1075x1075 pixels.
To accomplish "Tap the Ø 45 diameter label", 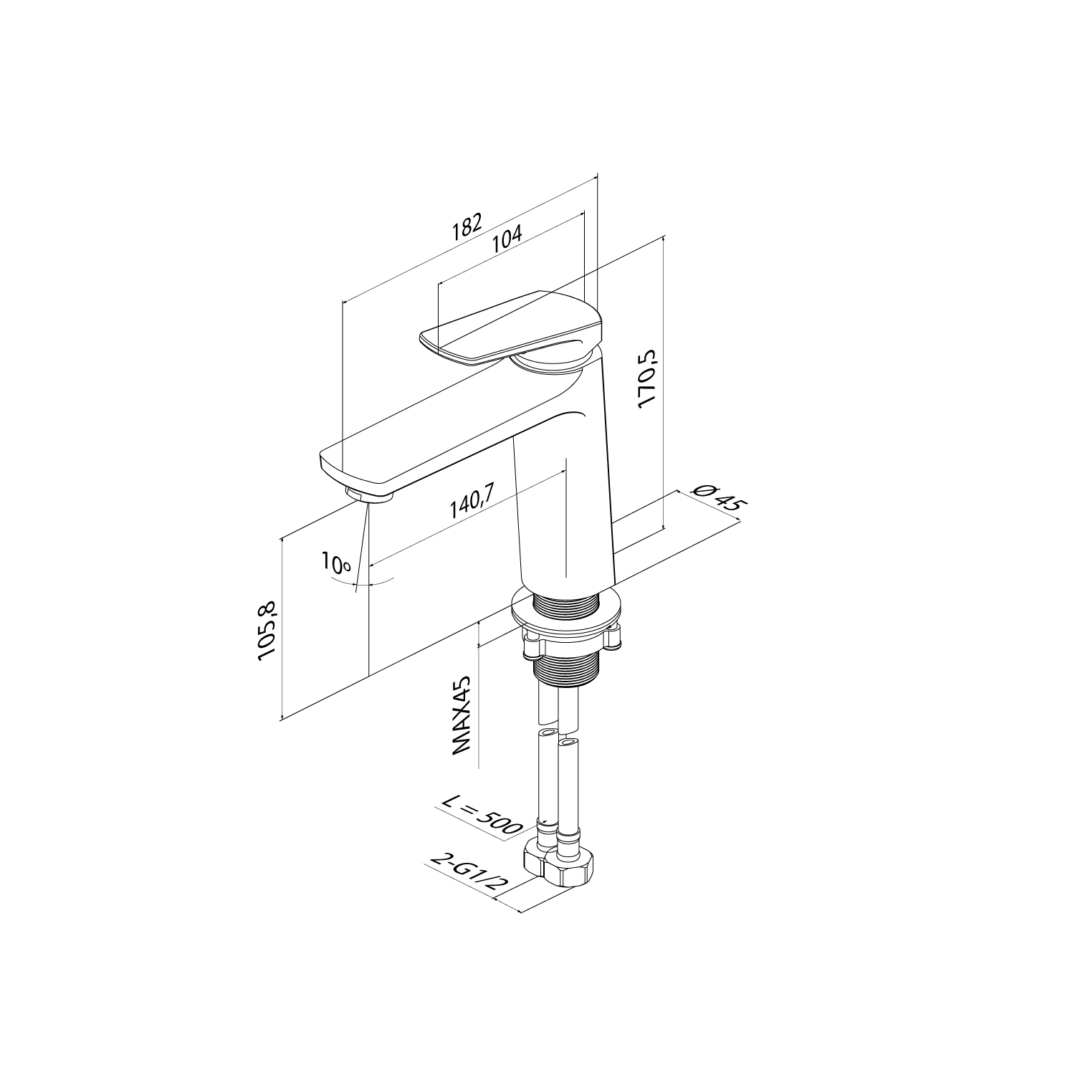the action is pyautogui.click(x=717, y=496).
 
